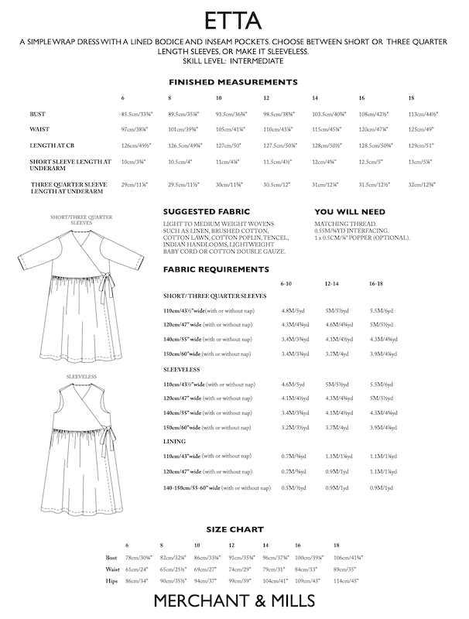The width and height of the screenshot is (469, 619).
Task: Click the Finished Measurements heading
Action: (234, 81)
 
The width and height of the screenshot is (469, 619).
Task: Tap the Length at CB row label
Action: (55, 146)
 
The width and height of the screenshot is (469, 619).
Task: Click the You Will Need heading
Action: (350, 211)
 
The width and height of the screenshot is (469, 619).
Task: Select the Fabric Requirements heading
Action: (216, 269)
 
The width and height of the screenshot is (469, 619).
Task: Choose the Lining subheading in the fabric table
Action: (174, 440)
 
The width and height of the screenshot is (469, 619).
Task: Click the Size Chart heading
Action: (234, 528)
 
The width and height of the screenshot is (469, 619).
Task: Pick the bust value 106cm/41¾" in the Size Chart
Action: (348, 558)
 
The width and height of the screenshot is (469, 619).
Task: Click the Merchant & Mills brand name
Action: (234, 600)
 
